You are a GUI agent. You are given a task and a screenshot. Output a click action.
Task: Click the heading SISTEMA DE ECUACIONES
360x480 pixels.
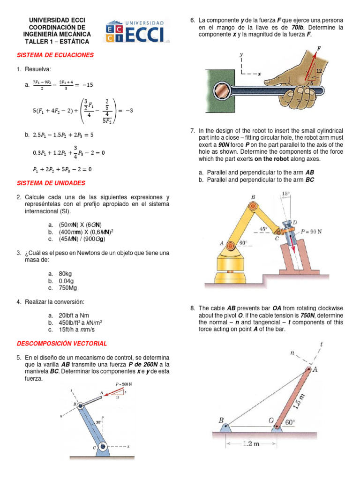[x=55, y=55]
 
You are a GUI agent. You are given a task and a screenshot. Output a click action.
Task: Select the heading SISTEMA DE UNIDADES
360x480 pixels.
[x=51, y=182]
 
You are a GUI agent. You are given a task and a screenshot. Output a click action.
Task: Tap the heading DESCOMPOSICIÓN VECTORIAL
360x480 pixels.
[x=62, y=344]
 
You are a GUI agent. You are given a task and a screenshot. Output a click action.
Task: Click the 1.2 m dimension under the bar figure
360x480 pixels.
[x=251, y=444]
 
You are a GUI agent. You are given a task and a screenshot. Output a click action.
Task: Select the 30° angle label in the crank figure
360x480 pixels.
[x=99, y=421]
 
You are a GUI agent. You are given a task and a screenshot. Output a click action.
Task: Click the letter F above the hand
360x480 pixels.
[x=319, y=48]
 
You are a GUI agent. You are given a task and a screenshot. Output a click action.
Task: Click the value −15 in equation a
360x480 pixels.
[x=87, y=84]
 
